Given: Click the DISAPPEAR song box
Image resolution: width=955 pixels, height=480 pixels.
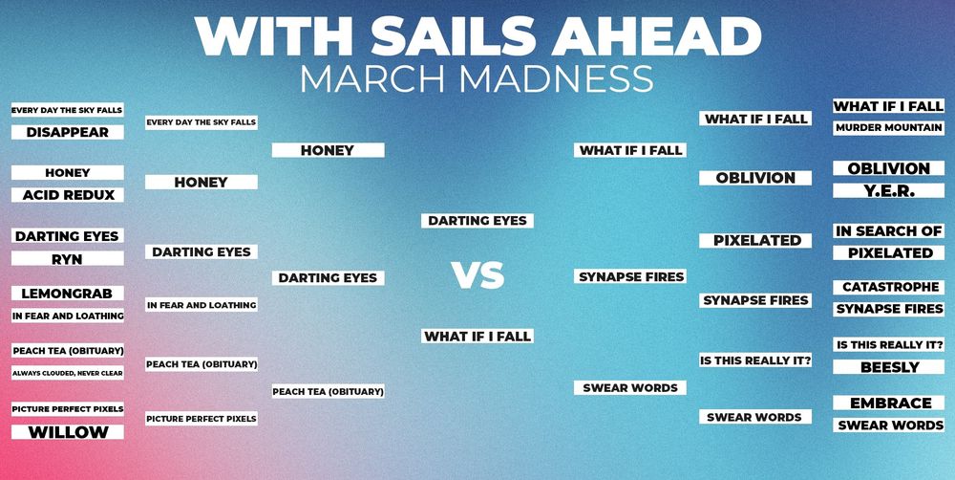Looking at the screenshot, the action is [x=68, y=132].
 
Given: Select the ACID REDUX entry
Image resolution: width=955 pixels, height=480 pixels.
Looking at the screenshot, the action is [x=68, y=195].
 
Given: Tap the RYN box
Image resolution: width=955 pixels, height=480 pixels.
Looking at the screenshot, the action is [x=68, y=259].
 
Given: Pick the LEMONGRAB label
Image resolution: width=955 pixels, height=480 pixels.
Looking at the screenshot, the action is [x=68, y=294].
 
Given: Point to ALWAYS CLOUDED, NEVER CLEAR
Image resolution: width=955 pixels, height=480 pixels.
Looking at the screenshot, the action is [x=68, y=373].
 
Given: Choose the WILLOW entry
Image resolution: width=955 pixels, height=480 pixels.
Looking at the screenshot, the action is [x=68, y=432].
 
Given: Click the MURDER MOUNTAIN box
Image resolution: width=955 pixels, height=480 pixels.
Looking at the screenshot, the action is [x=888, y=128].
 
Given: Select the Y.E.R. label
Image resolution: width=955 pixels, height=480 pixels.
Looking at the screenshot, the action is [x=888, y=191].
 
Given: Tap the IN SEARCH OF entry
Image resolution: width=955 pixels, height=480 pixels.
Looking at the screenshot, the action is [x=888, y=231].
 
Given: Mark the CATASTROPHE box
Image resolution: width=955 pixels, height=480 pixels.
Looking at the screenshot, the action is [x=888, y=287].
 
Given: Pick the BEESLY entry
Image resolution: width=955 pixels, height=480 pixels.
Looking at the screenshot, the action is [x=888, y=367].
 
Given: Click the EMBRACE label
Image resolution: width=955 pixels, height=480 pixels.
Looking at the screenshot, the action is [x=888, y=404].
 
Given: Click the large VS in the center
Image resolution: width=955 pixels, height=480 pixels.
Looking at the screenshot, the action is [x=478, y=275].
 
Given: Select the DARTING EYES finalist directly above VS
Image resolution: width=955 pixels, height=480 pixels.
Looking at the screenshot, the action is [x=477, y=221].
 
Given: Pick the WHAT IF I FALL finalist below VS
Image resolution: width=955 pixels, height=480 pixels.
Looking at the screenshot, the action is [x=477, y=336].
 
